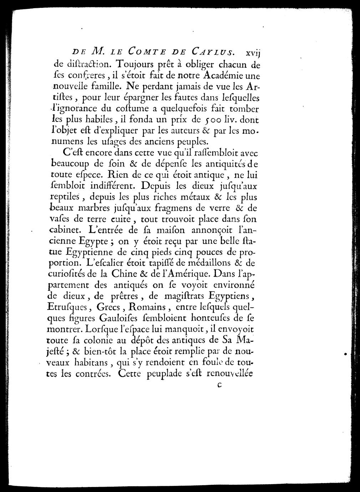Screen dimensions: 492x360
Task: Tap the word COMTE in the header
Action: pos(143,52)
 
